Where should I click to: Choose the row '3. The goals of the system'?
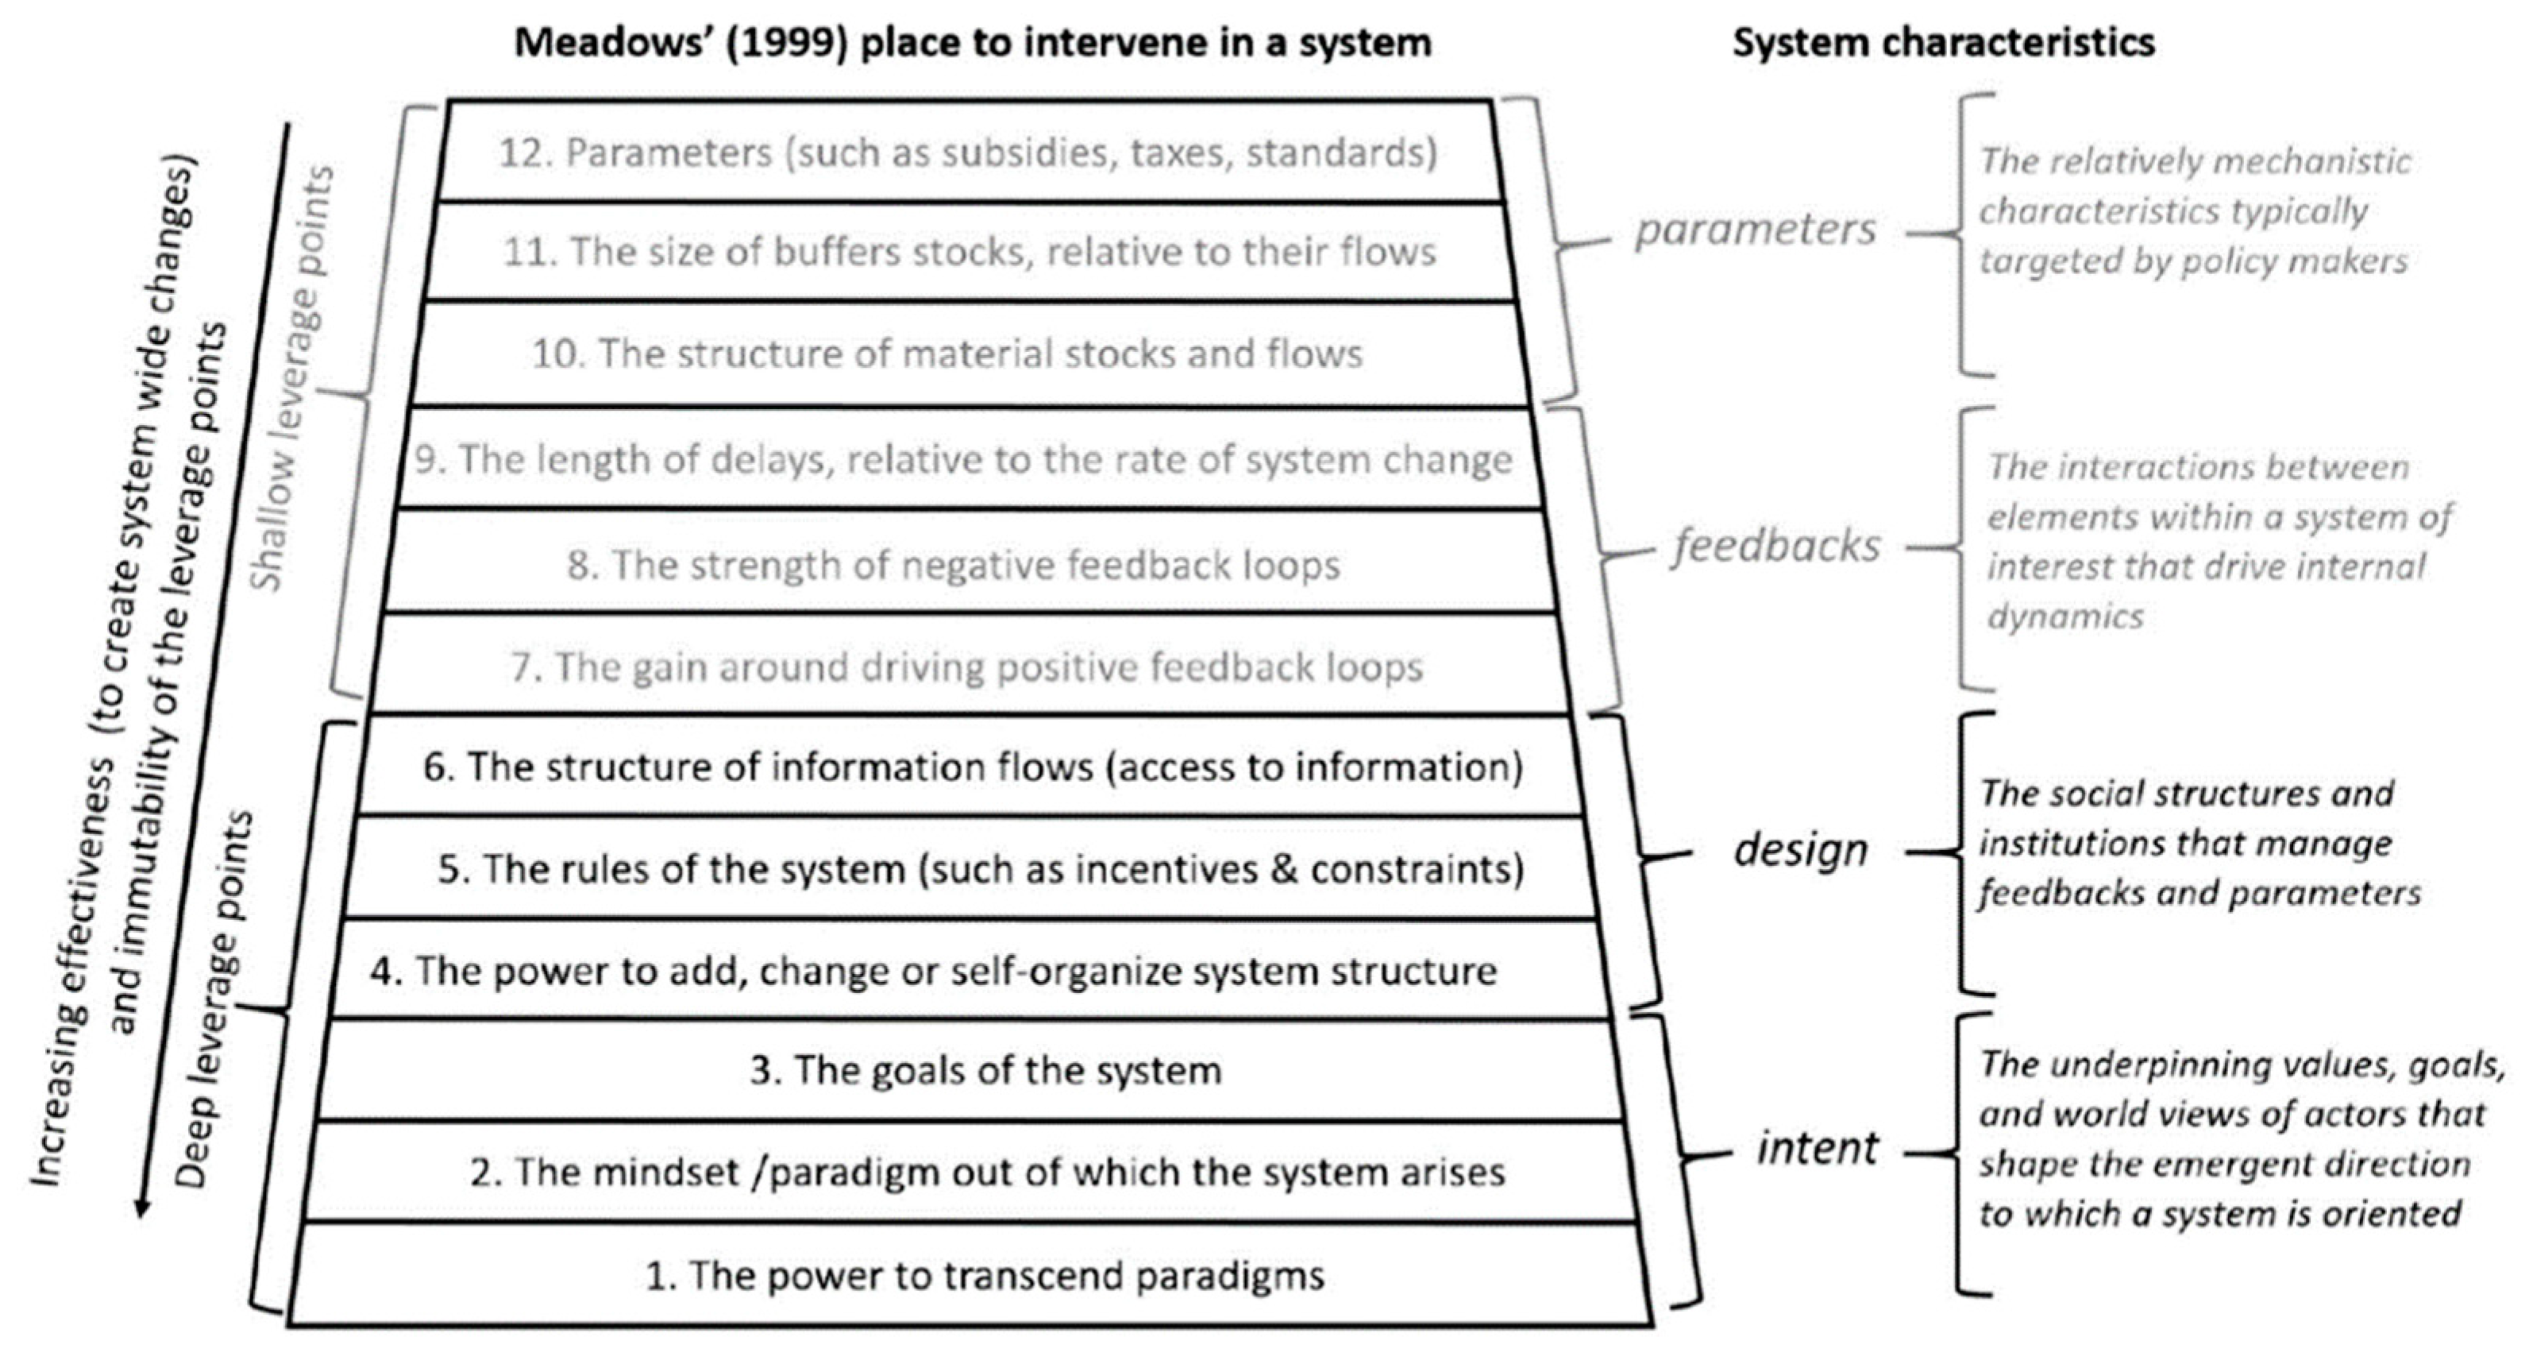[985, 1071]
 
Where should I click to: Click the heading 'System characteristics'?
[1943, 42]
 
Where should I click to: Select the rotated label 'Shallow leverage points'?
[292, 379]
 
